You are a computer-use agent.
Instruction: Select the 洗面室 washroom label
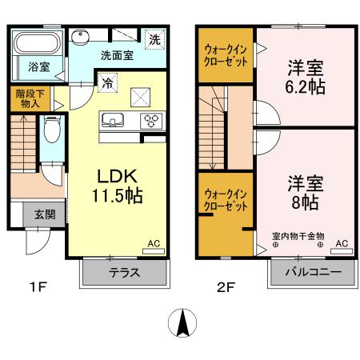tap(115, 56)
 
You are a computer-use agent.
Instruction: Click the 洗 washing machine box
tap(154, 38)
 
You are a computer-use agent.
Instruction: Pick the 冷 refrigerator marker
tap(108, 80)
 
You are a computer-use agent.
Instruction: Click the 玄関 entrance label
tap(45, 214)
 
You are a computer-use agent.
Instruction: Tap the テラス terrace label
tap(124, 272)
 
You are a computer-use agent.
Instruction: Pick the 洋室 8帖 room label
tap(305, 192)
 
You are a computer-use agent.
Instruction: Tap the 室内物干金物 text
tap(297, 236)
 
